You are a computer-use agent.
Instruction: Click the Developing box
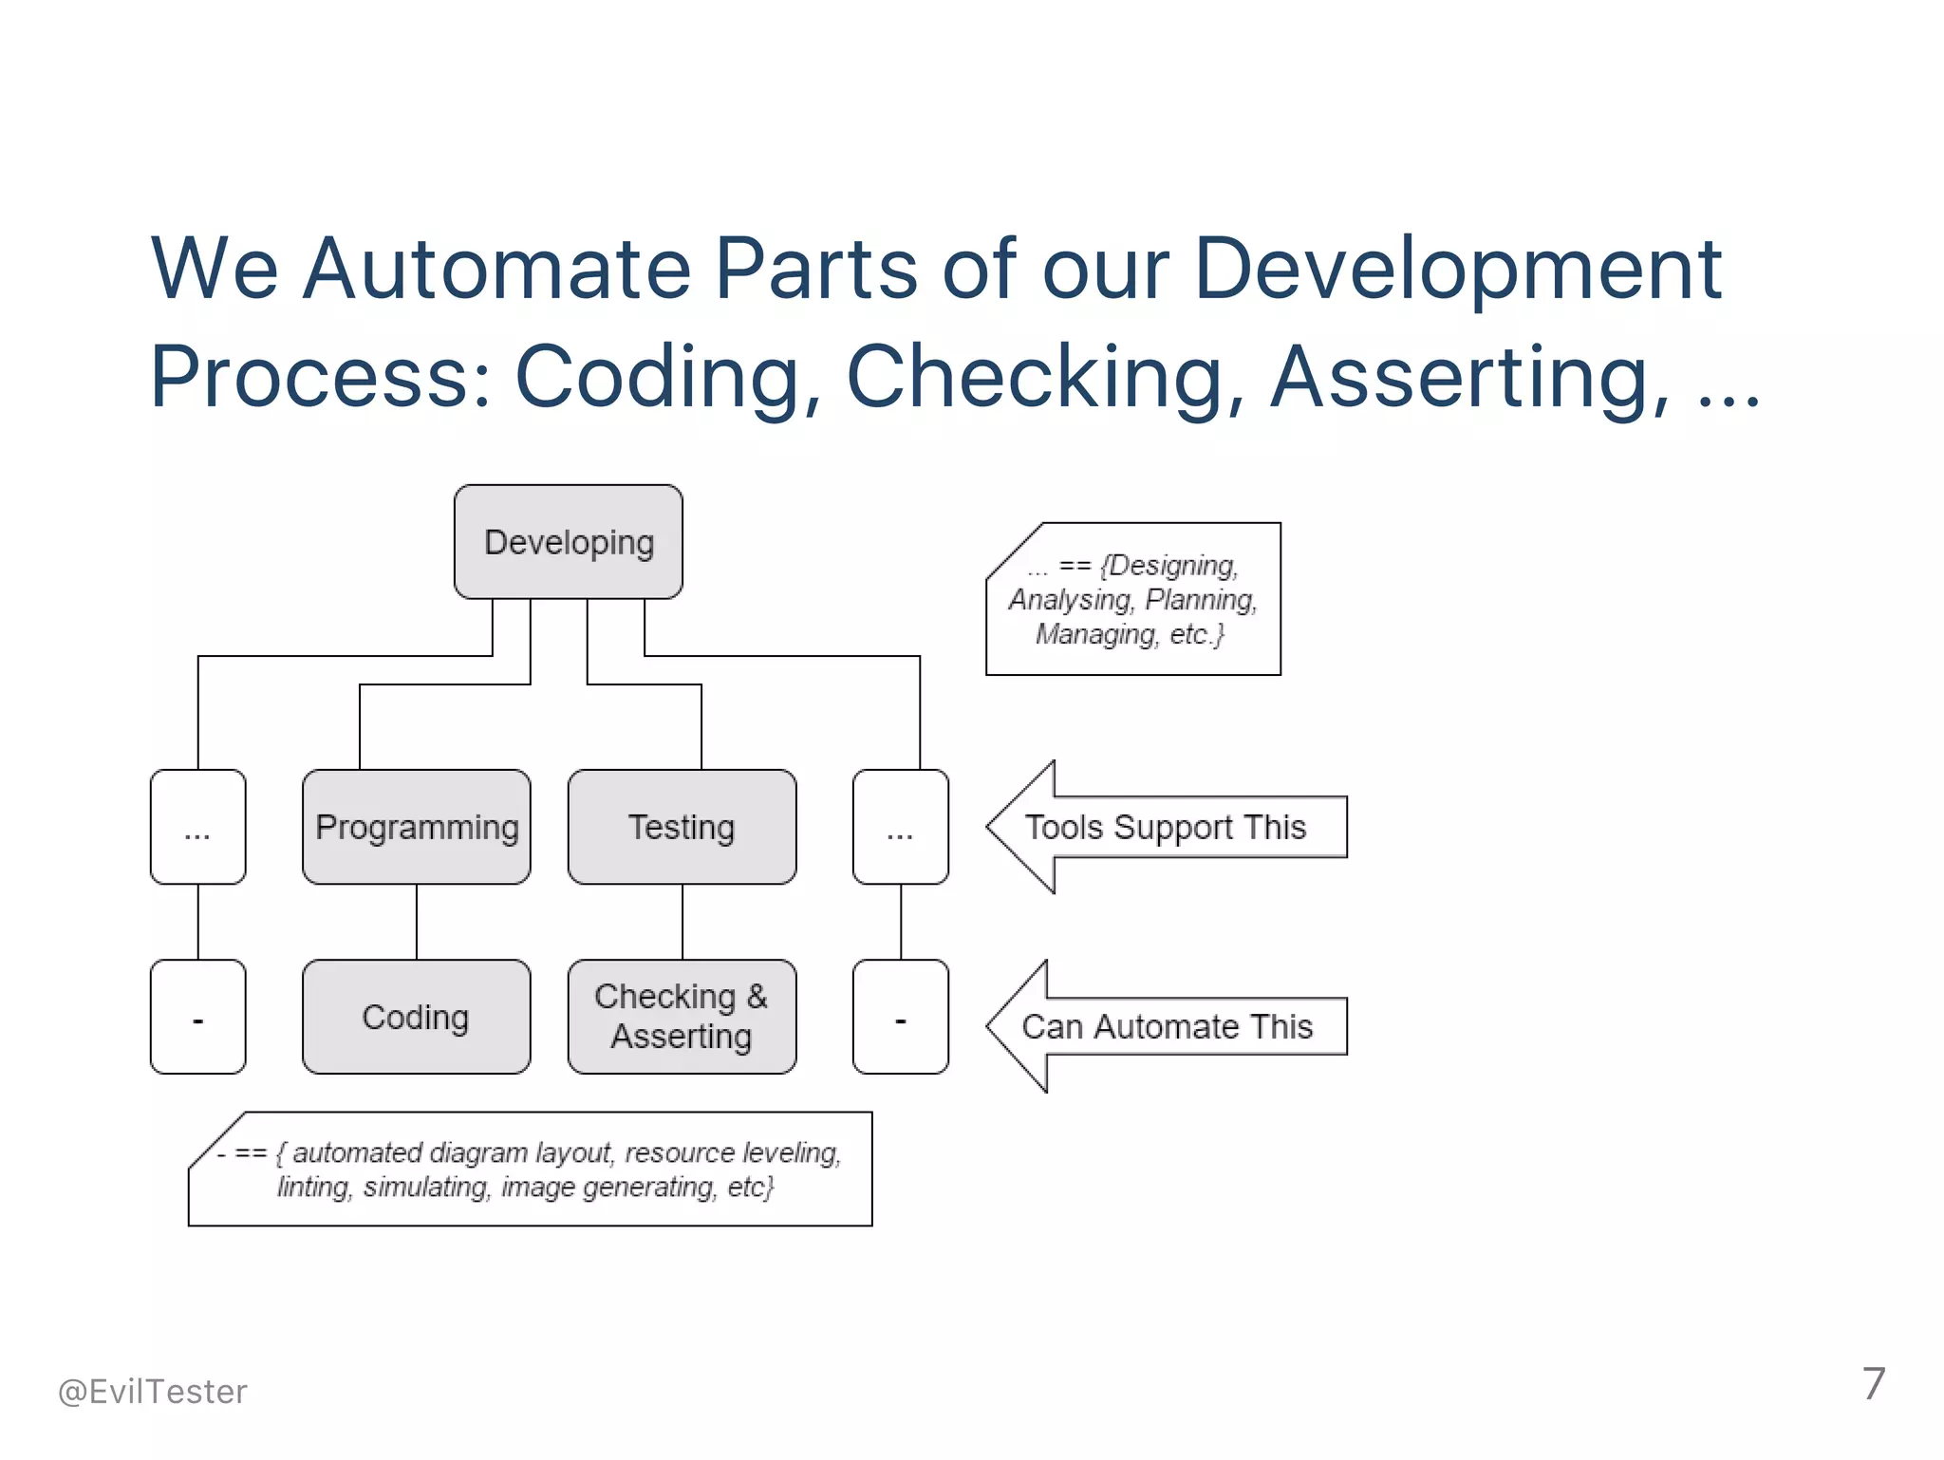click(x=568, y=542)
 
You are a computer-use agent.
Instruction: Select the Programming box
click(x=416, y=827)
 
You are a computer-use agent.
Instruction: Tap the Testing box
click(x=682, y=827)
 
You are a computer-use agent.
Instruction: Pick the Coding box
click(x=416, y=1017)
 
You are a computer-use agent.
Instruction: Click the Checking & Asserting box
click(x=682, y=1017)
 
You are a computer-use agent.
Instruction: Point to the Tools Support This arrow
click(x=1166, y=827)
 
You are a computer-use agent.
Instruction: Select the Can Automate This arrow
click(x=1166, y=1026)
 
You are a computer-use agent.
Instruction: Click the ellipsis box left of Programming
click(x=197, y=827)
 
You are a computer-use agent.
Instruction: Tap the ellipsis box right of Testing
click(x=900, y=827)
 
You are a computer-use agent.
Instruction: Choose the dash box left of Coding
click(x=197, y=1017)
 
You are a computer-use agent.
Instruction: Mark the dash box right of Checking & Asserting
click(x=900, y=1017)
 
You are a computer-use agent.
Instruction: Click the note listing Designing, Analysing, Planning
click(x=1132, y=599)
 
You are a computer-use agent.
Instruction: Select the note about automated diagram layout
click(x=530, y=1169)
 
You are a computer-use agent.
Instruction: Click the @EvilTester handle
click(x=152, y=1392)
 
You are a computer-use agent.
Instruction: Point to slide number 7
click(x=1873, y=1384)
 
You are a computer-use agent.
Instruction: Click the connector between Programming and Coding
click(x=416, y=922)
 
